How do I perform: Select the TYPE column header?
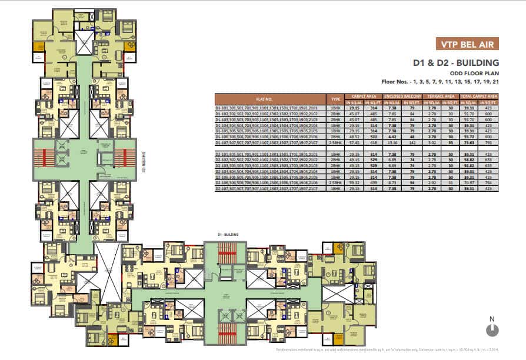[337, 98]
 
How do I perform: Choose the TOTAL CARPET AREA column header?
[480, 95]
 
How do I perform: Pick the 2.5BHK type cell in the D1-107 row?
[337, 142]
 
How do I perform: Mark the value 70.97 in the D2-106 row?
[470, 184]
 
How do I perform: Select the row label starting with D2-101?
[272, 154]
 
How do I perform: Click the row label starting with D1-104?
[272, 125]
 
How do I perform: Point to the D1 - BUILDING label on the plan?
[227, 235]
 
